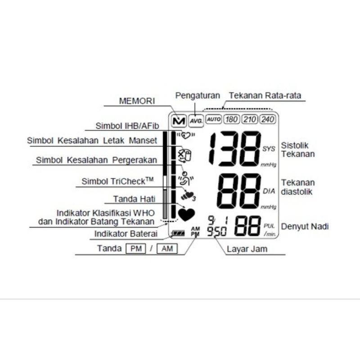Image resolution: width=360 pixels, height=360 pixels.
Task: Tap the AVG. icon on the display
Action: (196, 121)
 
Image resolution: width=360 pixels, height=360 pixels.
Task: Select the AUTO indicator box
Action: (213, 120)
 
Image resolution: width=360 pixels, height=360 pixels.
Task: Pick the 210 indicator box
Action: (249, 120)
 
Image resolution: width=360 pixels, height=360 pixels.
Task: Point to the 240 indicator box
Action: (267, 120)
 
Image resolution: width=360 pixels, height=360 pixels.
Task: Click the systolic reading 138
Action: (235, 149)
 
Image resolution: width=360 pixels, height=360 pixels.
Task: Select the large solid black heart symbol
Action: (185, 213)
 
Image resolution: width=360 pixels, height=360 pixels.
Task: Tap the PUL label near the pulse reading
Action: (269, 226)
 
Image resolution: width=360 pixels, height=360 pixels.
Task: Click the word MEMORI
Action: (137, 101)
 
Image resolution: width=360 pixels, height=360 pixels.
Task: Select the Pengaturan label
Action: (198, 95)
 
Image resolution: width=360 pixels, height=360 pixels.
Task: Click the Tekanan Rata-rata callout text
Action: (265, 95)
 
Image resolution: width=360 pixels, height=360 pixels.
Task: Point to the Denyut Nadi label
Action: (305, 226)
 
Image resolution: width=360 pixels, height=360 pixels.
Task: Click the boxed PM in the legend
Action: (135, 249)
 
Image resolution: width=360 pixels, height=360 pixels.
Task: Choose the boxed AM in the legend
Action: (167, 249)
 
